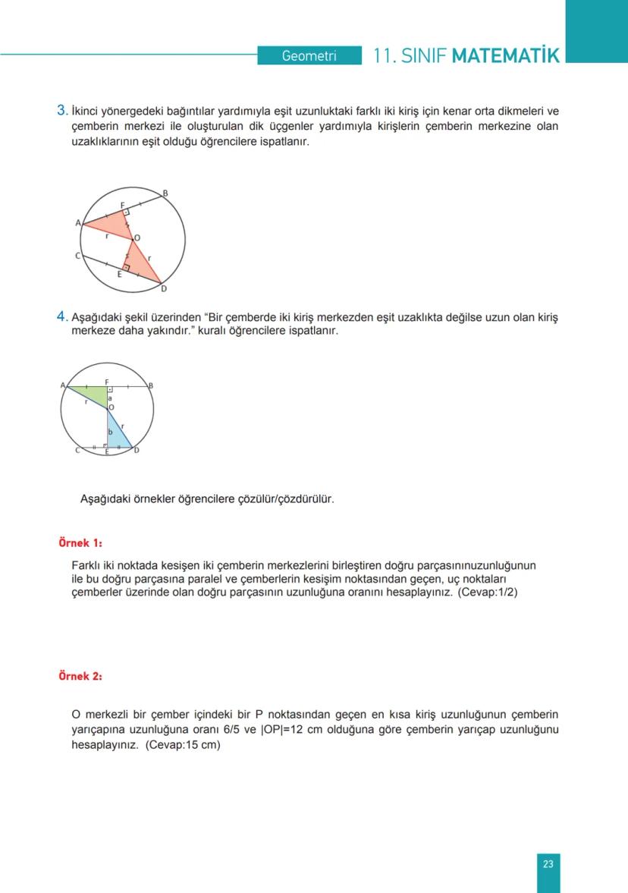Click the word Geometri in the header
tap(309, 56)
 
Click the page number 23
tap(548, 863)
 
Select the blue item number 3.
tap(63, 111)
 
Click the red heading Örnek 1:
tap(80, 543)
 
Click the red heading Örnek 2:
tap(80, 676)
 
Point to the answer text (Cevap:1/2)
tap(488, 592)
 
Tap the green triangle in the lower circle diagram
tap(95, 394)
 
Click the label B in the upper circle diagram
tap(165, 194)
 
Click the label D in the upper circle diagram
tap(164, 289)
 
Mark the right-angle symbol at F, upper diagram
tap(126, 213)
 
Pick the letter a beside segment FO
tap(110, 398)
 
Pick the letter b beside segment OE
tap(110, 431)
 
